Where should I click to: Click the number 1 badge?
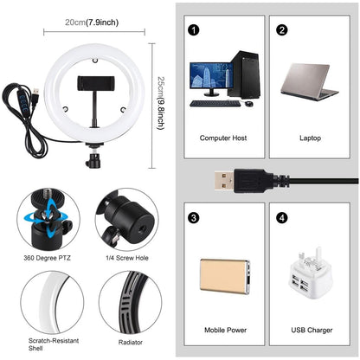click(x=193, y=30)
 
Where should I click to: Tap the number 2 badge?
click(x=281, y=30)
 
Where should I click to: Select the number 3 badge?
click(x=193, y=217)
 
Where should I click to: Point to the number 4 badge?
click(x=281, y=217)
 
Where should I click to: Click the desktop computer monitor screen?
click(x=208, y=79)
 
